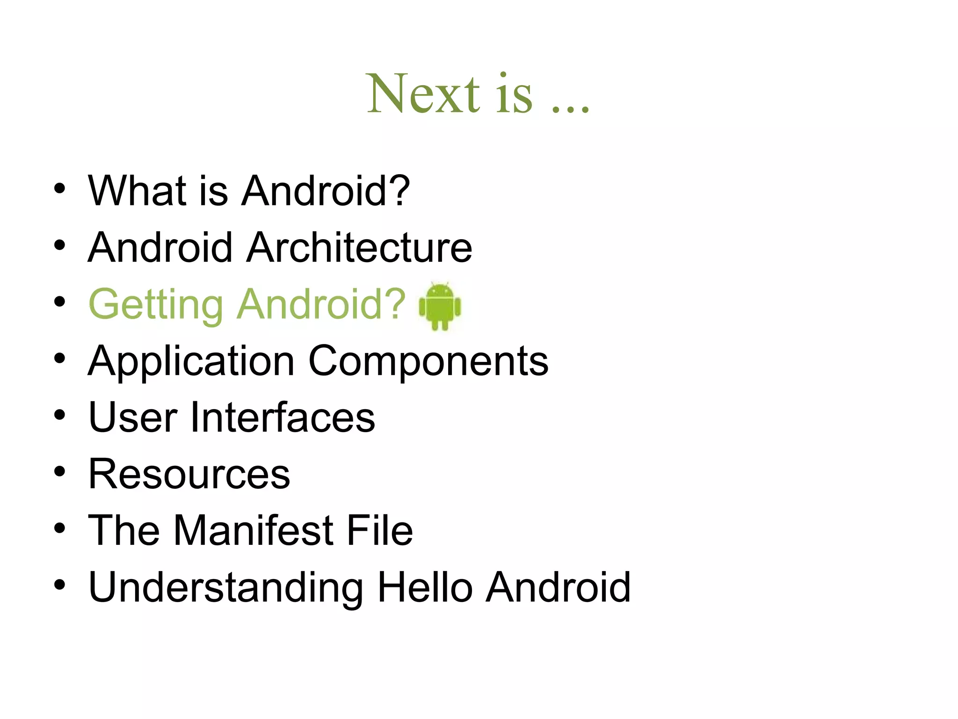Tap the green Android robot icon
point(440,307)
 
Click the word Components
point(428,361)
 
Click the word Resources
point(189,474)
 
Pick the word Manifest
point(254,530)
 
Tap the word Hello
point(425,587)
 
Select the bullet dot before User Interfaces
point(59,415)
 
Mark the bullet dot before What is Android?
point(59,188)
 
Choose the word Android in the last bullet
point(559,587)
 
